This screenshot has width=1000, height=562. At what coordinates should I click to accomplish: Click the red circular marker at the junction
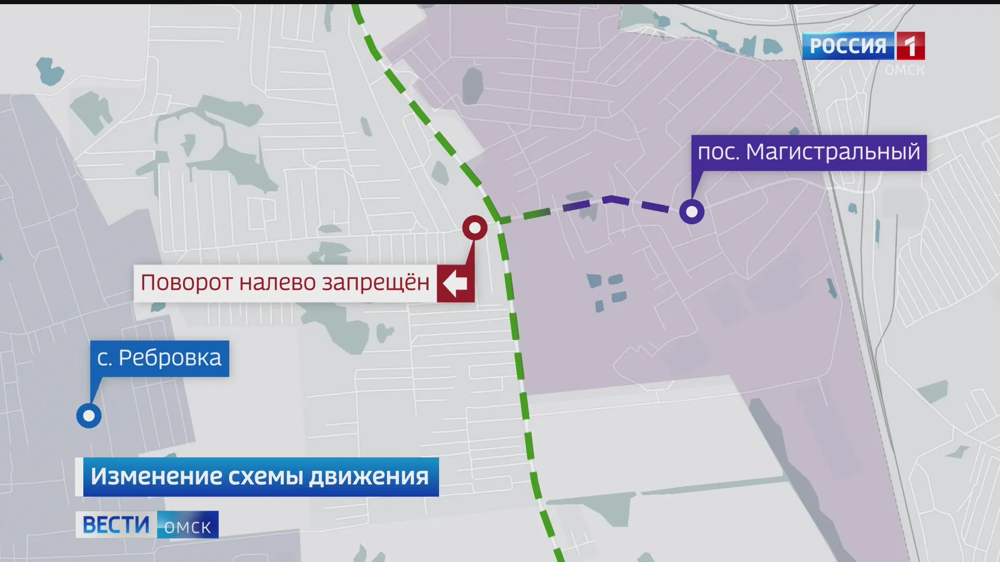click(474, 228)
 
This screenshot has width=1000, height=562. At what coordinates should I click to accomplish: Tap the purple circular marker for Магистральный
click(692, 212)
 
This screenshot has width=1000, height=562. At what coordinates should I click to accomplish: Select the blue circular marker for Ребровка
click(89, 416)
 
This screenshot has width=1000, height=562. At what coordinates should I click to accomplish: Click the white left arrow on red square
click(455, 283)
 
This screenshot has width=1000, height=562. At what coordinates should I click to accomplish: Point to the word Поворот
click(186, 283)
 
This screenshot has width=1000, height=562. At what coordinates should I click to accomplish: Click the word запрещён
click(376, 283)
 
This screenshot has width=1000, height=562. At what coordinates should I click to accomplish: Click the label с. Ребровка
click(159, 358)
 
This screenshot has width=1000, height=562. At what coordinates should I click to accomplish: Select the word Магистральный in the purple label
click(833, 152)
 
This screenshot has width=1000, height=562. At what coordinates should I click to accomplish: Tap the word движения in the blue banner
click(369, 477)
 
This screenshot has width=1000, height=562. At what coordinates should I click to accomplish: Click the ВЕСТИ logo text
click(116, 525)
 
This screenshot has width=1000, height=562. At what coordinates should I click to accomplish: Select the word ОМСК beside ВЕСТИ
click(187, 527)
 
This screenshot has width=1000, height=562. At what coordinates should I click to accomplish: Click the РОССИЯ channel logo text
click(848, 46)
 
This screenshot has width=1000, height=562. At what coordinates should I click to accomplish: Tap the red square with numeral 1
click(910, 46)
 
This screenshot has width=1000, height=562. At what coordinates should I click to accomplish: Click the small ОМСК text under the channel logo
click(904, 70)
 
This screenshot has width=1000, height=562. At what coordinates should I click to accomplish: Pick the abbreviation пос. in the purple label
click(718, 152)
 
